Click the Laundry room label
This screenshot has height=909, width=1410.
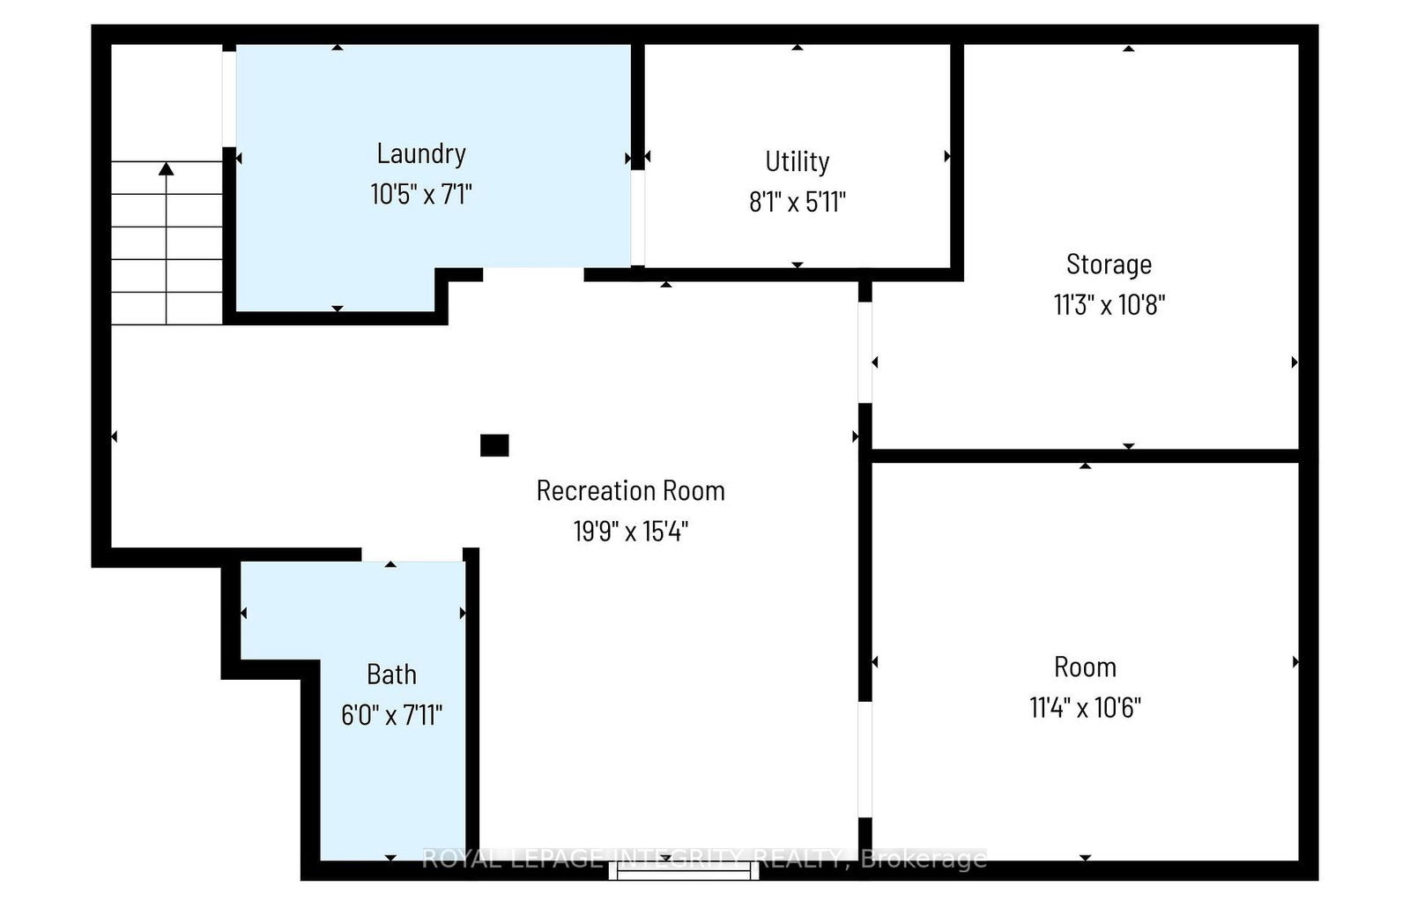[421, 154]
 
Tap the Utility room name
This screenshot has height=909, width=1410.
[797, 162]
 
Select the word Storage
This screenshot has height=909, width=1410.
[1109, 265]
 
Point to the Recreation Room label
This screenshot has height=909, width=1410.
[631, 491]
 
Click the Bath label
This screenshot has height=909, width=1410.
[391, 674]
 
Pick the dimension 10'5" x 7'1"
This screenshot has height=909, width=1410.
[421, 194]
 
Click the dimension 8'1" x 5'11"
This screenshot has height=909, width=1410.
[797, 202]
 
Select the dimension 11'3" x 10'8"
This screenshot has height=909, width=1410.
[1109, 305]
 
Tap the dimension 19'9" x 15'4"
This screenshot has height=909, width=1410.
[631, 531]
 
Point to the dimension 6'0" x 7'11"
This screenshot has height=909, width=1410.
[391, 716]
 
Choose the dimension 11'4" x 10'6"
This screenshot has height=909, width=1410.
[1085, 707]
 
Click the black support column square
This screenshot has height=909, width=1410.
[494, 445]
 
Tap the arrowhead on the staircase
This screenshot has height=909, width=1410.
[167, 168]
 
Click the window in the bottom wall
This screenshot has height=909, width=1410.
[684, 870]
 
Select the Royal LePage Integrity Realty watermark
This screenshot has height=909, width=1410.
[704, 859]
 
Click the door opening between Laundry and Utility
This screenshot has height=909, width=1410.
[638, 218]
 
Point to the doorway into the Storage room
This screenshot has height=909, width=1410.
[865, 353]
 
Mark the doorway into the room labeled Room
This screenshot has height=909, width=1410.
[865, 760]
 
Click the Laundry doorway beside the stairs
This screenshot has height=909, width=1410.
[229, 99]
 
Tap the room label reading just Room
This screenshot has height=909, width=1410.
[1085, 667]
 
